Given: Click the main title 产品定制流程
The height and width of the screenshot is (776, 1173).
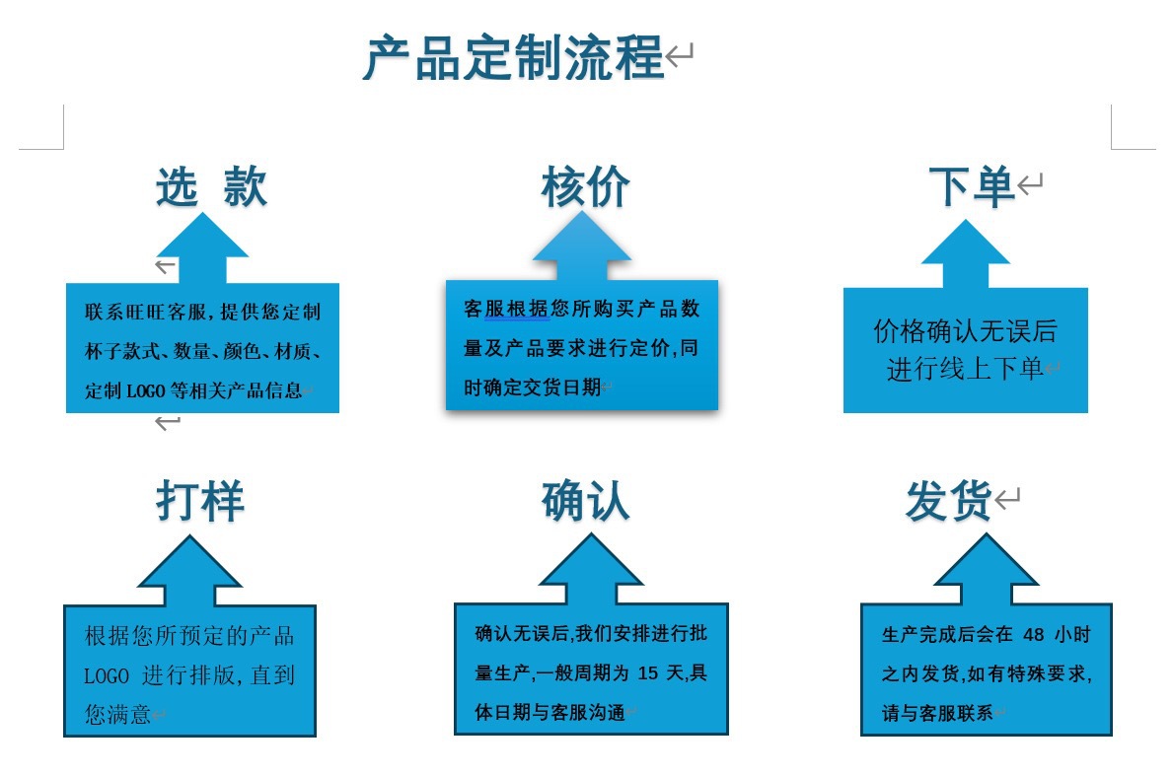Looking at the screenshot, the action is (x=513, y=58).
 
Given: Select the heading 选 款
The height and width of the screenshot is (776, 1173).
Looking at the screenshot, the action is (x=211, y=186).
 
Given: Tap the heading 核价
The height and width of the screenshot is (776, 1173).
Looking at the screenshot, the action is (x=585, y=186).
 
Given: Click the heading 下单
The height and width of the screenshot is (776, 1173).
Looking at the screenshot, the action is (x=971, y=186).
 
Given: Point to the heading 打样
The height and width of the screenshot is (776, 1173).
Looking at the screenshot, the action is (x=199, y=501).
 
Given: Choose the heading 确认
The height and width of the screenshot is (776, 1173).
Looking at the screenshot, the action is (x=585, y=501).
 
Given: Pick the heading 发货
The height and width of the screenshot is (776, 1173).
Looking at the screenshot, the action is (x=948, y=502).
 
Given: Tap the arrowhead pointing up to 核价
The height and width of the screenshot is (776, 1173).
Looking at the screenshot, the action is (x=581, y=240).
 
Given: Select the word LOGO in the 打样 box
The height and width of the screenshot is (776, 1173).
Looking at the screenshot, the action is (x=107, y=676).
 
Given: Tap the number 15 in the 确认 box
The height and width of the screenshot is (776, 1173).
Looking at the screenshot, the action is (x=647, y=674).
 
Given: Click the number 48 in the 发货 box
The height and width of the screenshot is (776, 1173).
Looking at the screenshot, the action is (x=1034, y=634).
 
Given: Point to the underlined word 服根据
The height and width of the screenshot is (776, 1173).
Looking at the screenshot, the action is (x=517, y=309).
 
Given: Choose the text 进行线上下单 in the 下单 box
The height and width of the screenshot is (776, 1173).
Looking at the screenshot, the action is (x=964, y=369).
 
